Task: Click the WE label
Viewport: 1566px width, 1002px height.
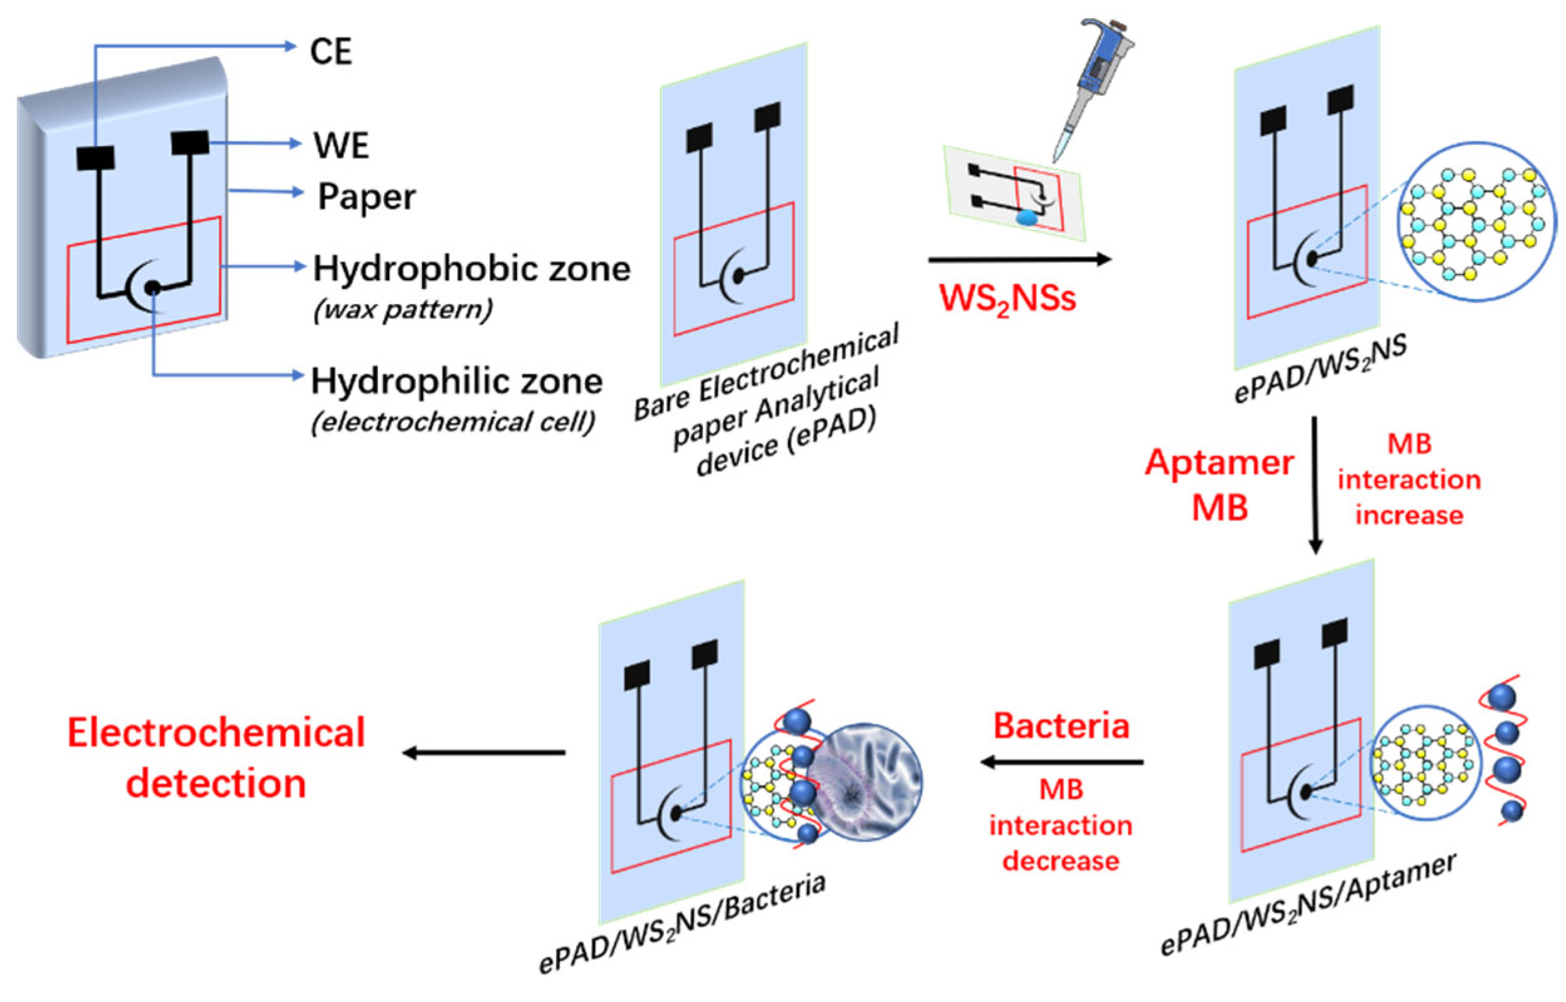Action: (x=341, y=145)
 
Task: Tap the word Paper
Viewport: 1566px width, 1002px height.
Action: (x=367, y=197)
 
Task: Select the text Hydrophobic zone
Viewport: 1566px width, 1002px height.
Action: (x=472, y=269)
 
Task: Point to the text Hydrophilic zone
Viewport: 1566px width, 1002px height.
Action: (x=457, y=381)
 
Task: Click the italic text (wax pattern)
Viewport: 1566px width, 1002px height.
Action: (x=403, y=310)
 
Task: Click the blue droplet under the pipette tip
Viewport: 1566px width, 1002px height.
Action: (x=1027, y=218)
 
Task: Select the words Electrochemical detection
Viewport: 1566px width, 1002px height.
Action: (x=216, y=758)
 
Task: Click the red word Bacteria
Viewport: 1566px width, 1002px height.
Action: (x=1061, y=726)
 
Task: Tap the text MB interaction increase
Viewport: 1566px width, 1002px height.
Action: (x=1409, y=479)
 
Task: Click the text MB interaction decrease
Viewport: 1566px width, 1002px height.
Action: (x=1061, y=825)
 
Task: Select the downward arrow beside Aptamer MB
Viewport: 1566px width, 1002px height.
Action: (x=1315, y=485)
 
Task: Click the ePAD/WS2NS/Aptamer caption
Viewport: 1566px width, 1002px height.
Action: (x=1308, y=907)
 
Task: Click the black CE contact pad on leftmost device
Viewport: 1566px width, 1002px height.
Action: (x=96, y=158)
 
